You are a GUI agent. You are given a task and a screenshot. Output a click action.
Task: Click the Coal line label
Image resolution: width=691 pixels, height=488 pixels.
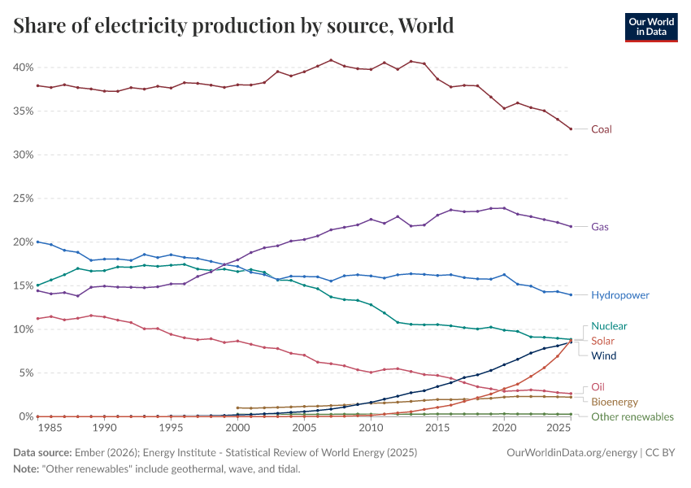coord(601,129)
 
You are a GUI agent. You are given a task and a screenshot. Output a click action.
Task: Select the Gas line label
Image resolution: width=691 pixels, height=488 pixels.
coord(600,227)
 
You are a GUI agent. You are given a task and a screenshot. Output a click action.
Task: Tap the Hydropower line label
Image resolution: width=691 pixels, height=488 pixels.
coord(620,295)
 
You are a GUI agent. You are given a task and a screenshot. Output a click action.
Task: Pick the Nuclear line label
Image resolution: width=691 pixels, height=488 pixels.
coord(609,326)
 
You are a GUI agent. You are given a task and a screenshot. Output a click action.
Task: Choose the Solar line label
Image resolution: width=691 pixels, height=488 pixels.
coord(603,341)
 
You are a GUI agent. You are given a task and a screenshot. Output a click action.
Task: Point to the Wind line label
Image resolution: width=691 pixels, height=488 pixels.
coord(603,355)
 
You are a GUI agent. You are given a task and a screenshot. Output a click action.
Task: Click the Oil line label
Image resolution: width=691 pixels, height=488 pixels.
coord(598,387)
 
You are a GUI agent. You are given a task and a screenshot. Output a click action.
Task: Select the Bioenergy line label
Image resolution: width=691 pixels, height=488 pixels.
coord(614,402)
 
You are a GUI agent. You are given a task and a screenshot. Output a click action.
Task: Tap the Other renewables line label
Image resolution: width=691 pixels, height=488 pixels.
coord(632,416)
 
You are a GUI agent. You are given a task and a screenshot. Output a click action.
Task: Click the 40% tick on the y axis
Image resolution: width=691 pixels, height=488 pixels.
coord(23,67)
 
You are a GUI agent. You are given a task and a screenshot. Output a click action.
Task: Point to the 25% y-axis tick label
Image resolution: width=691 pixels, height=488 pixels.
coord(23,198)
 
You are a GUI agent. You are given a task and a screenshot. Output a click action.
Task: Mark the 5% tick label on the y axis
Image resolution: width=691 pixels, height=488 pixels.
coord(25,373)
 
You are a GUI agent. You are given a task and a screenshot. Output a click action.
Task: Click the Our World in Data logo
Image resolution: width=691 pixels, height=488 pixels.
coord(650,27)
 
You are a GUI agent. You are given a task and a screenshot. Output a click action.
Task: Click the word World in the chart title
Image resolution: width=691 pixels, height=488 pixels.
coord(425,26)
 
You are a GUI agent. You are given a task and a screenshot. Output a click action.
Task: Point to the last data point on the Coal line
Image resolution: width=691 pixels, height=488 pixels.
coord(571,129)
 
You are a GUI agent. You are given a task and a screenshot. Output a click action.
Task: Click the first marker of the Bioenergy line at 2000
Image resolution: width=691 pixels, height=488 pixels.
coord(237,408)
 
